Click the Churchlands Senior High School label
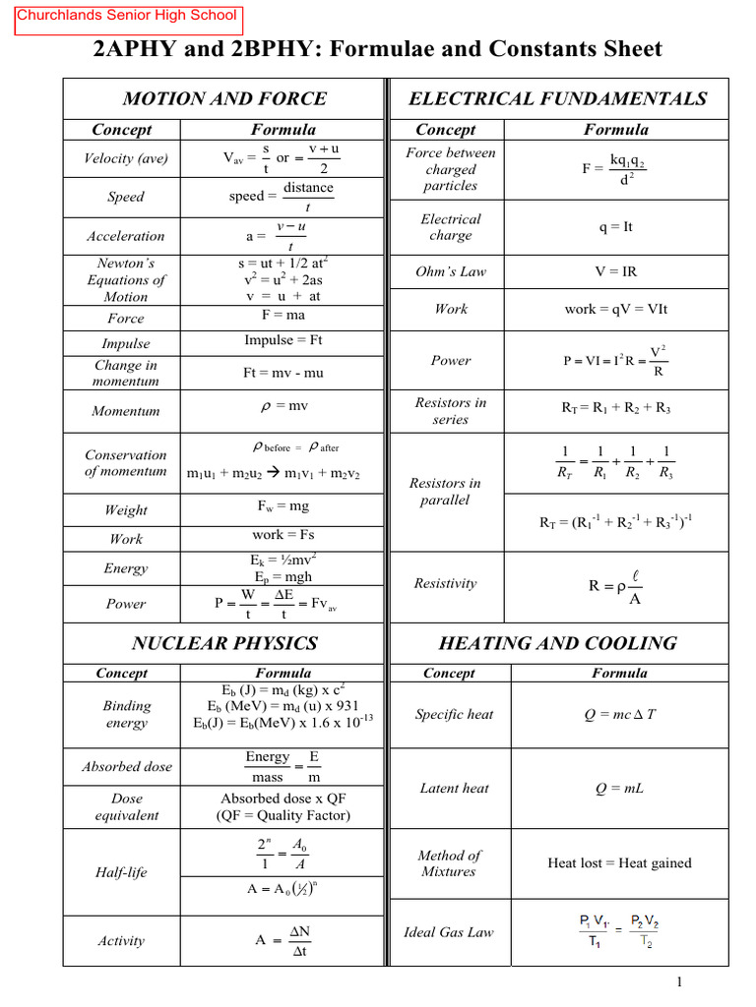pos(127,15)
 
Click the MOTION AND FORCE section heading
pos(223,98)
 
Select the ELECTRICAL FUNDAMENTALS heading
pos(557,98)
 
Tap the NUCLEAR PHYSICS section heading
pos(224,643)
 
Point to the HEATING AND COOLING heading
pos(557,643)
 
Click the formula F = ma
pos(283,315)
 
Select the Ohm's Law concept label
pos(451,271)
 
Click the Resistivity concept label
pos(445,583)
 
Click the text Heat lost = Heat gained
pos(619,862)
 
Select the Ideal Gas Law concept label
pos(449,931)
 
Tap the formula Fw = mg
pos(283,505)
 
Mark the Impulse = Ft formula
pos(283,340)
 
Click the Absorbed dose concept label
pos(126,766)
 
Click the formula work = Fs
pos(283,535)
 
